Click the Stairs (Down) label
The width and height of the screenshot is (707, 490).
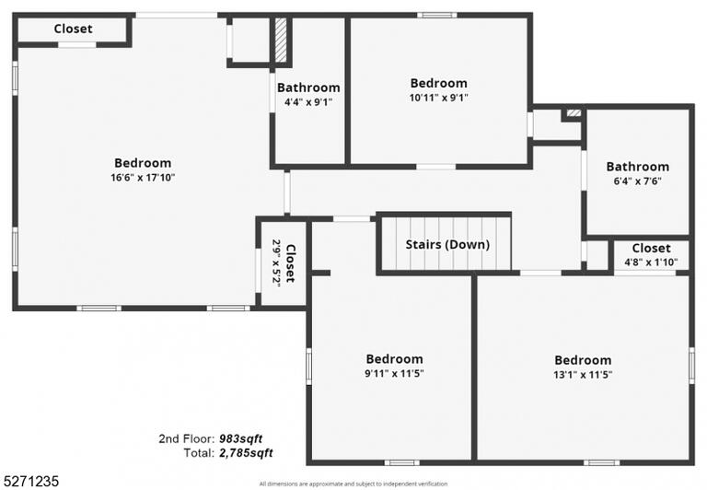coord(447,245)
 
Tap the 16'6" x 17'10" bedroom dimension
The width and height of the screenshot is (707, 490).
coord(143,178)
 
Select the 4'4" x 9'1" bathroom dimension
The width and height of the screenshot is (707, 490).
coord(308,102)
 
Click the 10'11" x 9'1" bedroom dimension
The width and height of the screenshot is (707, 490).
coord(439,98)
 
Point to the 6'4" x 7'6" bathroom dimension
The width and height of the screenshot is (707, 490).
coord(638,181)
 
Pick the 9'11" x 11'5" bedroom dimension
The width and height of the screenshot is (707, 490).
coord(394,374)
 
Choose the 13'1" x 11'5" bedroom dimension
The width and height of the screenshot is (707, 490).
coord(583,375)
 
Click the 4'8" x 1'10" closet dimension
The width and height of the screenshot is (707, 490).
coord(651,262)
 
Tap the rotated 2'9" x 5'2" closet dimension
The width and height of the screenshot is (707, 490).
coord(276,262)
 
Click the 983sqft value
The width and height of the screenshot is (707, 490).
coord(241,438)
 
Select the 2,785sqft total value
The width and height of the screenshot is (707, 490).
coord(246,452)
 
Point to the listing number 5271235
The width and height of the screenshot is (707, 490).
coord(30,481)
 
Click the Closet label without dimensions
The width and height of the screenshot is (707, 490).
coord(73,29)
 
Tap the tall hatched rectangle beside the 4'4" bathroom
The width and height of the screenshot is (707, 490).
coord(281,40)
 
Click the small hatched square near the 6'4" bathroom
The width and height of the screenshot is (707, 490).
coord(574,112)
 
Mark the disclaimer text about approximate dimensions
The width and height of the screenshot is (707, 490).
coord(353,484)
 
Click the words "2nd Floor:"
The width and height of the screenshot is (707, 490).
coord(186,438)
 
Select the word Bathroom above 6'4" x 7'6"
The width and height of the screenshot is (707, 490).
coord(638,167)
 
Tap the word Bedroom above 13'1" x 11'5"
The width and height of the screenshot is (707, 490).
coord(583,360)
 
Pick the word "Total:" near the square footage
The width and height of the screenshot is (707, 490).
coord(199,452)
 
